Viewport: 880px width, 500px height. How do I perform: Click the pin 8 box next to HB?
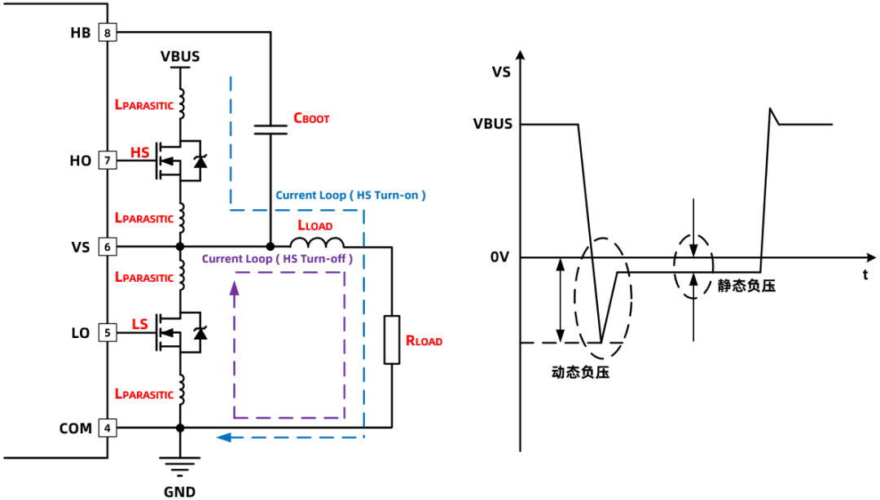coord(108,33)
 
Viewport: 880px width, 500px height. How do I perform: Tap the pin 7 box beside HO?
coord(108,160)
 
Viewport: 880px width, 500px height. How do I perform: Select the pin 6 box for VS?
coord(108,247)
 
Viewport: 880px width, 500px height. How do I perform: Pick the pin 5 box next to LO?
coord(108,333)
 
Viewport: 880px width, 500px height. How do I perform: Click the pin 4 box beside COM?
coord(108,428)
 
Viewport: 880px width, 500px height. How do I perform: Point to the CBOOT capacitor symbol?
coord(271,129)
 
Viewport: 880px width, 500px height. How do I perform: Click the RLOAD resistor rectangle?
coord(392,340)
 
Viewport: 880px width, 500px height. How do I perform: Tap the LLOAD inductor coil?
coord(316,243)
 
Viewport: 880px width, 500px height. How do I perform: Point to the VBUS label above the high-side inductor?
coord(180,57)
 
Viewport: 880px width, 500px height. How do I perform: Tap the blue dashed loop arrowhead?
coord(224,437)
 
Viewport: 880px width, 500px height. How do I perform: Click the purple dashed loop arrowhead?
coord(235,288)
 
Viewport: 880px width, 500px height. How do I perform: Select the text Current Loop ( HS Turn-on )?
coord(350,195)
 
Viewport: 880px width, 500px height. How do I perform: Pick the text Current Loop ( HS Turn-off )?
coord(277,259)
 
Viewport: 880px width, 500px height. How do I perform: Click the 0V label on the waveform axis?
coord(499,257)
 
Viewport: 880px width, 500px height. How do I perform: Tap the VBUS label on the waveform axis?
coord(493,124)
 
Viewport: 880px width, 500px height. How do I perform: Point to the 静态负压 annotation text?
coord(746,286)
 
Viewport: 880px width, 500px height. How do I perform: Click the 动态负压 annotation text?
coord(580,373)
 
